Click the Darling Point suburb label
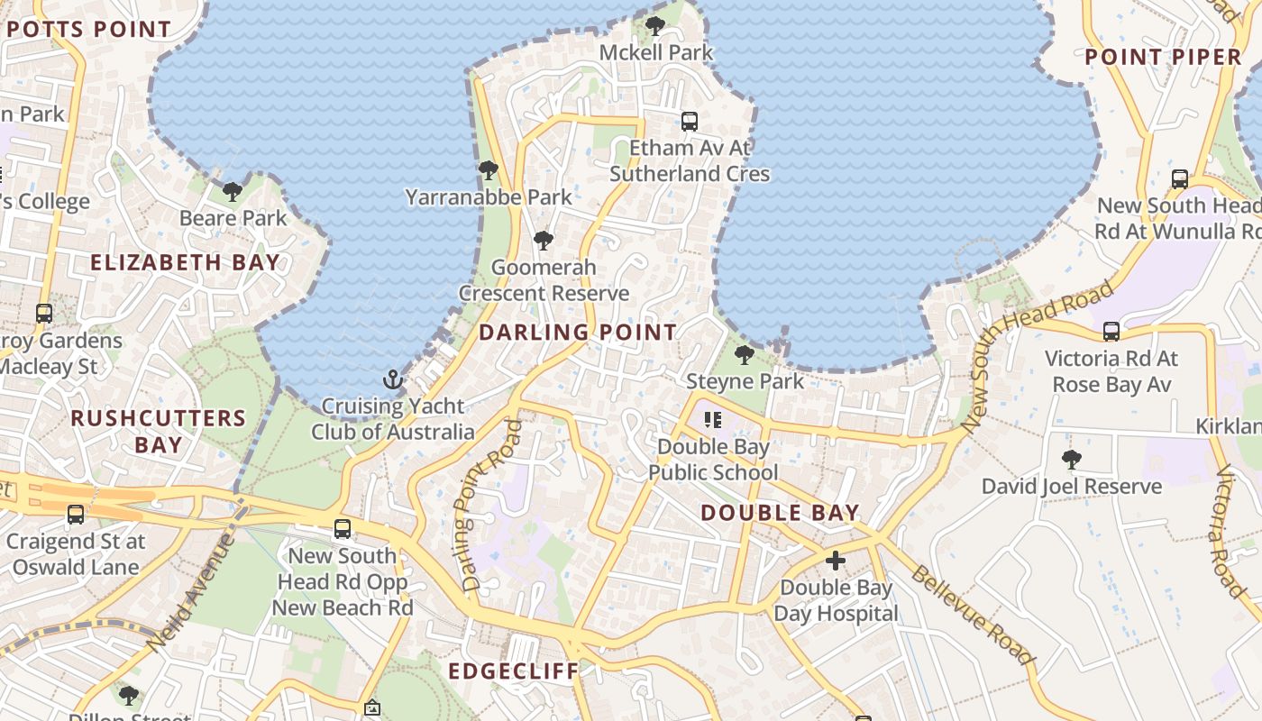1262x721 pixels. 577,332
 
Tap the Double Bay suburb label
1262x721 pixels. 780,513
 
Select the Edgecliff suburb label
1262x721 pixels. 513,671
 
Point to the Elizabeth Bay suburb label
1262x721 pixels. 185,262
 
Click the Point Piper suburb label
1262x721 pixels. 1163,57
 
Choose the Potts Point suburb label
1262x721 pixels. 88,29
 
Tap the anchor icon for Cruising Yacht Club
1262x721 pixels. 392,379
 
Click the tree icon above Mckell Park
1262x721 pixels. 655,26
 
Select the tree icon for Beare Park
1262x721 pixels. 233,191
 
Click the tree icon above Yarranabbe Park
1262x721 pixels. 488,169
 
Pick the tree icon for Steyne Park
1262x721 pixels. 744,354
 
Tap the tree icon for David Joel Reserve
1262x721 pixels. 1071,460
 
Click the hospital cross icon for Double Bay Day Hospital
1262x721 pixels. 836,561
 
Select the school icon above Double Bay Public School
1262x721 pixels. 713,420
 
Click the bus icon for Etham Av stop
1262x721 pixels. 690,121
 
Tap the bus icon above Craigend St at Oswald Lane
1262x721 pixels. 76,515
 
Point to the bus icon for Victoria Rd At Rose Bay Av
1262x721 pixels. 1111,332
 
